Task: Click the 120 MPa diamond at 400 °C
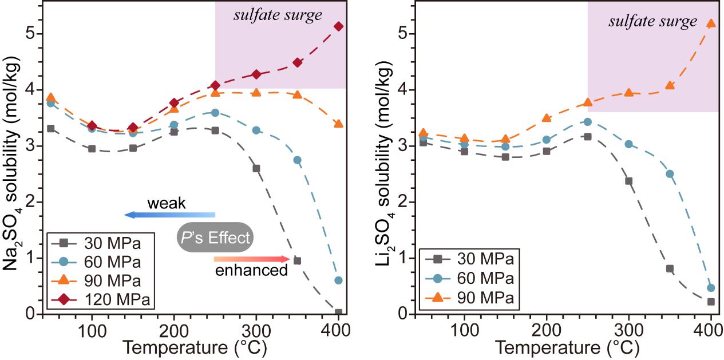[x=338, y=26]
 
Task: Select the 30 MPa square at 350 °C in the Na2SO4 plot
[x=297, y=261]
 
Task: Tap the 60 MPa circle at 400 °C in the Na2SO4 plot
[x=338, y=280]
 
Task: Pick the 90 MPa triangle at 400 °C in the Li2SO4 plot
[x=711, y=23]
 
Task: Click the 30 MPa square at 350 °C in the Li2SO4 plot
[x=670, y=268]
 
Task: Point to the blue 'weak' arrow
[x=169, y=215]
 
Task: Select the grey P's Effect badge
[x=213, y=238]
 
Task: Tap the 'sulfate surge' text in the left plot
[x=278, y=15]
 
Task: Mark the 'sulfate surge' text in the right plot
[x=652, y=22]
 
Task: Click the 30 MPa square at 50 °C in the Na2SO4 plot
[x=50, y=129]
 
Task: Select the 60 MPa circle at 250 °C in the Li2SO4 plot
[x=587, y=121]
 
